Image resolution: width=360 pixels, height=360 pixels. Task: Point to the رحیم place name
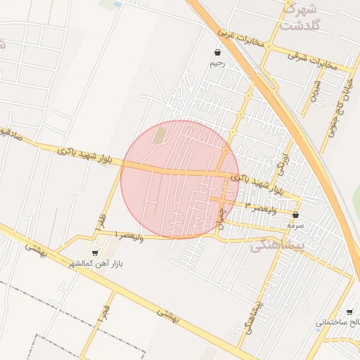click(x=217, y=63)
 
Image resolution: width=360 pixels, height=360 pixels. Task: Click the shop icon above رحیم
click(x=217, y=52)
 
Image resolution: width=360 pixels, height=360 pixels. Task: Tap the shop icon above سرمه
click(x=295, y=215)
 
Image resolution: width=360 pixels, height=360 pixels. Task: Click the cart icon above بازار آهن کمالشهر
click(x=95, y=252)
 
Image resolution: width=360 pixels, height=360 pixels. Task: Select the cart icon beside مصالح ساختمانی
click(x=350, y=311)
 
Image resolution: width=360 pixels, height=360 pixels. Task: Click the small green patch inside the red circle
click(x=160, y=134)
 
